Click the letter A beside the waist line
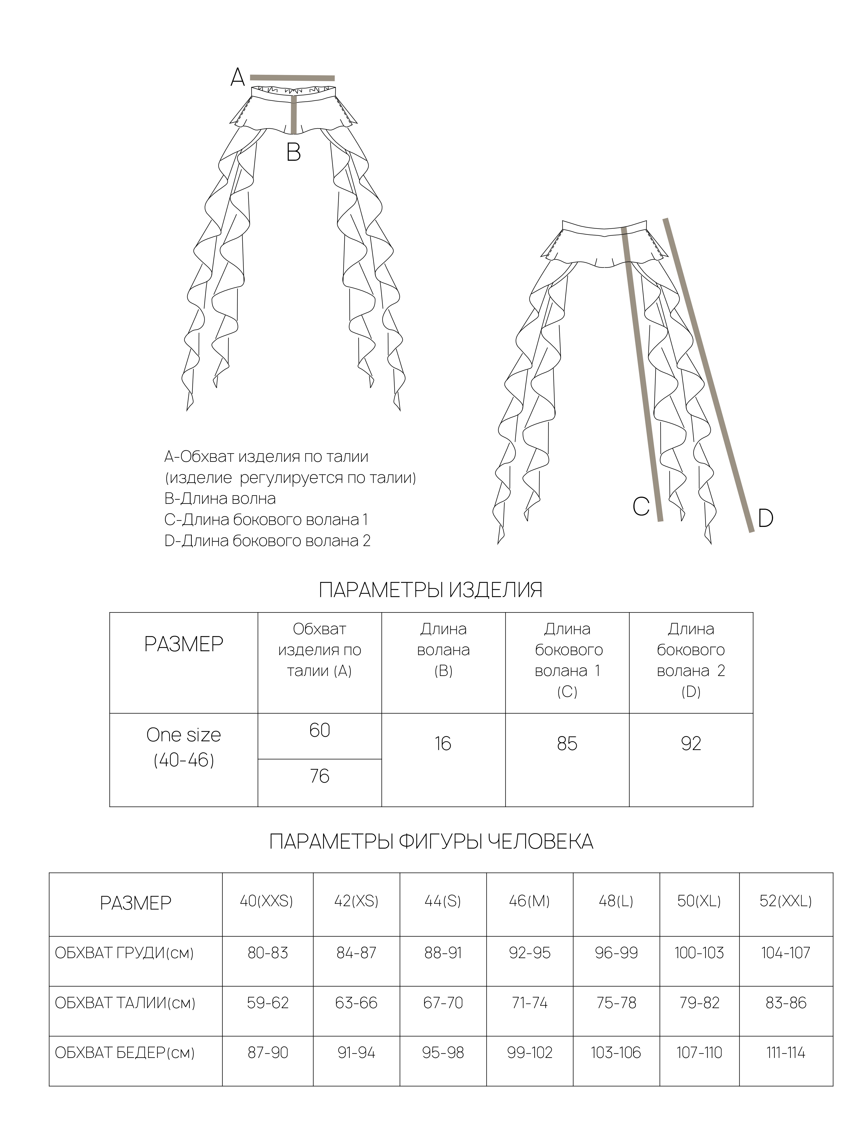click(x=237, y=78)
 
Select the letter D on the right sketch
click(x=766, y=518)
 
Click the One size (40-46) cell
click(x=184, y=747)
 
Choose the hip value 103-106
click(x=616, y=1053)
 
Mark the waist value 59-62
click(x=268, y=1003)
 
